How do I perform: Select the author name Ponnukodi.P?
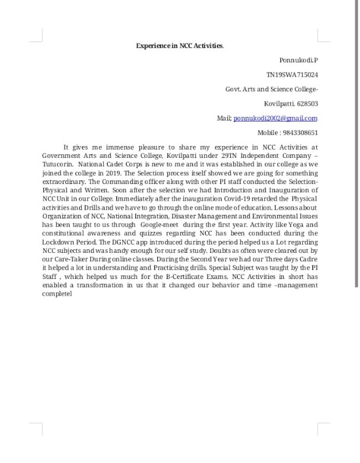coord(298,61)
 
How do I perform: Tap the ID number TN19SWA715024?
coord(292,75)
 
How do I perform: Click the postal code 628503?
coord(307,103)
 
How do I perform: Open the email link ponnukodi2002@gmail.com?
coord(276,118)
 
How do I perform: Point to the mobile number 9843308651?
coord(300,132)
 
